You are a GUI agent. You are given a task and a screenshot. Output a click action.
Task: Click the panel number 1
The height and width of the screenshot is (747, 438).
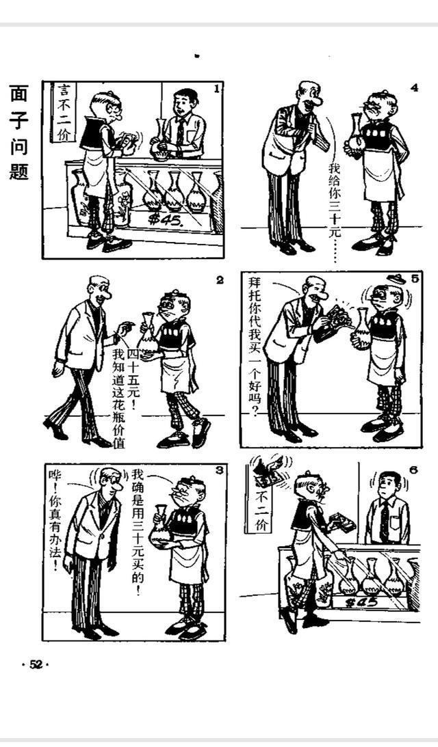click(x=217, y=89)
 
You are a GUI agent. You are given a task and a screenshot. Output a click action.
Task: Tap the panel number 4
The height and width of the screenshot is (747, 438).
click(x=414, y=87)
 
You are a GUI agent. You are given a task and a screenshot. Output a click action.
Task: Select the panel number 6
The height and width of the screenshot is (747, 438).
click(x=413, y=470)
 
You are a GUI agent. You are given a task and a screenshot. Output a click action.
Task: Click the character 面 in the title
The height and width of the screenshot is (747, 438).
click(x=18, y=94)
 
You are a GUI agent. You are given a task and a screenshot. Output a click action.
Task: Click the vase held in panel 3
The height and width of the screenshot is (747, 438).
click(x=161, y=526)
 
